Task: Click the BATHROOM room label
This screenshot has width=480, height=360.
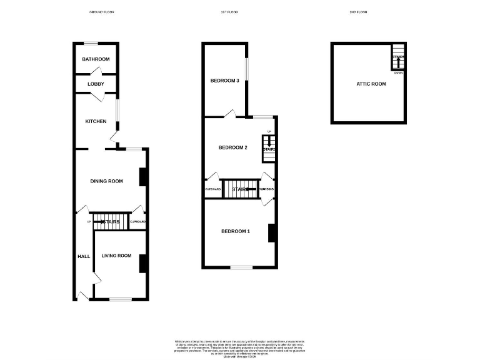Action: pos(96,59)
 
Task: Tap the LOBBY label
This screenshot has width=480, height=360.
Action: pos(96,84)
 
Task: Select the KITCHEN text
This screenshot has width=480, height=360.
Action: pos(96,121)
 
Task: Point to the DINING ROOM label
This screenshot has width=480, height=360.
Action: pos(106,181)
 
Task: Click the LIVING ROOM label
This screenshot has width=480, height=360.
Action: pos(116,256)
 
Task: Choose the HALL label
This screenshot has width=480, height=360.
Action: pos(84,256)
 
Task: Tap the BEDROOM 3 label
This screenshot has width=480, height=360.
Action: pos(224,81)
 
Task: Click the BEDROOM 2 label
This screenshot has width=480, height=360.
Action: pos(233,147)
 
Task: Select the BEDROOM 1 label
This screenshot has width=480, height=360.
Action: pos(236,232)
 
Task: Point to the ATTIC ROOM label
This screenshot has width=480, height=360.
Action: pos(371,84)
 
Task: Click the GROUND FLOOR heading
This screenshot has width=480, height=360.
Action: pos(102,12)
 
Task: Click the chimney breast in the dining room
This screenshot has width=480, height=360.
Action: pos(142,177)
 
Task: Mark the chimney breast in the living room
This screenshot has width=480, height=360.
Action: pos(142,263)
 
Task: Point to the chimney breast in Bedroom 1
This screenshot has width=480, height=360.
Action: pos(272,232)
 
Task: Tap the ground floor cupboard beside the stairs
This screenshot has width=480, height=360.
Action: pos(137,222)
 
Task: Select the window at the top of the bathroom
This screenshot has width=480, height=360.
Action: pos(91,43)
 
